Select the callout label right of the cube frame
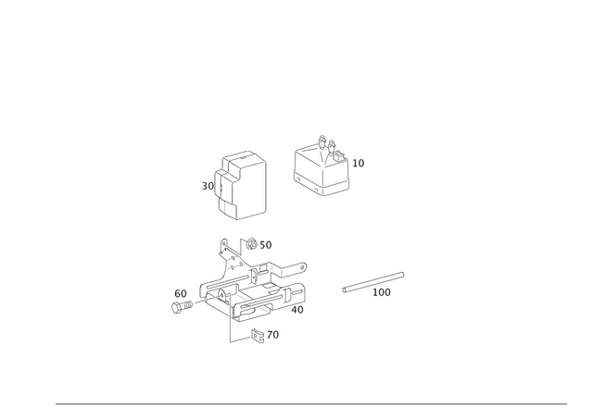[x=360, y=163]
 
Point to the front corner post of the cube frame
[x=321, y=181]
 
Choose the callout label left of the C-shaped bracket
[x=207, y=186]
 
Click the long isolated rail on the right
[x=373, y=280]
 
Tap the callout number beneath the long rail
[x=381, y=292]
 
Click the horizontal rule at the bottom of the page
[x=310, y=404]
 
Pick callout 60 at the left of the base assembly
[x=180, y=293]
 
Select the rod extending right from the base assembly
[x=293, y=268]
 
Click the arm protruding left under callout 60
[x=182, y=308]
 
